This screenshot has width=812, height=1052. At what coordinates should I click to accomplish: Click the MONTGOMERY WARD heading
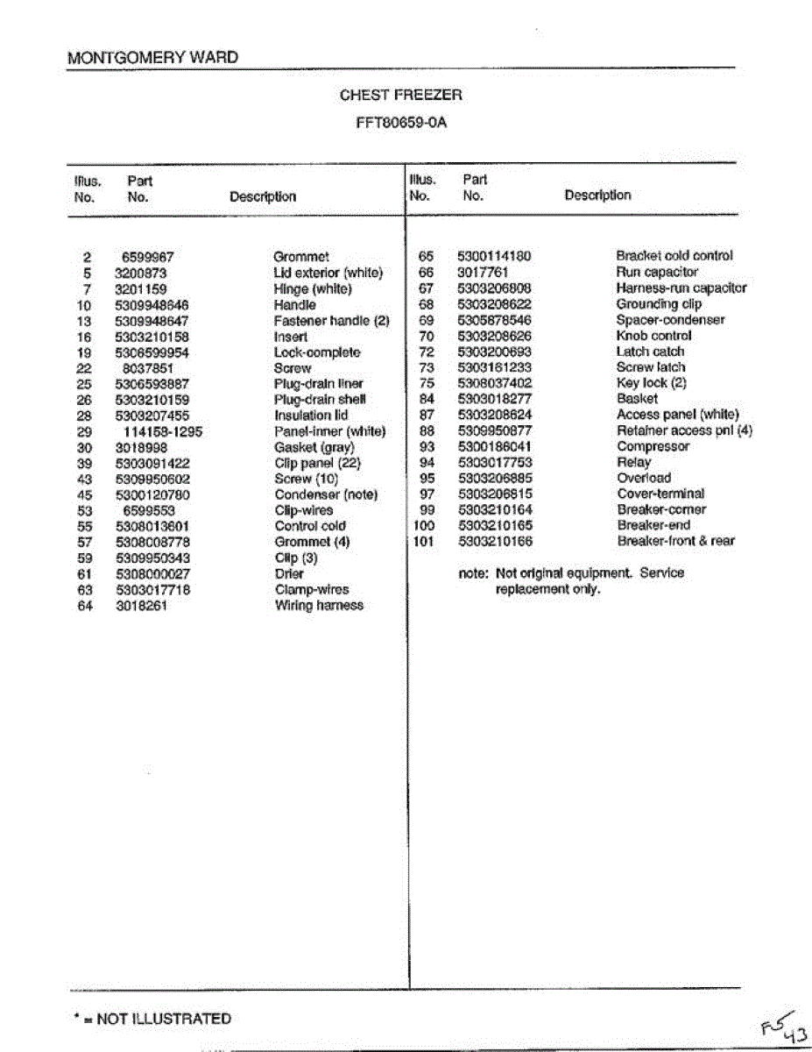(152, 58)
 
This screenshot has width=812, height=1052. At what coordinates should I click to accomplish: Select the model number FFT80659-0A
(401, 122)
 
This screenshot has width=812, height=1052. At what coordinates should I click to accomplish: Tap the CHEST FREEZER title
(401, 95)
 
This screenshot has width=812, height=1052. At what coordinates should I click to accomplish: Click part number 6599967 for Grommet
(148, 258)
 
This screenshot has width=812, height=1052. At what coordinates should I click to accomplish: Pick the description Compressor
(653, 446)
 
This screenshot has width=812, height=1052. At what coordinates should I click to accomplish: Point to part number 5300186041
(494, 446)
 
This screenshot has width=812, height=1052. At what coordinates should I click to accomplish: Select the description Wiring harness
(319, 606)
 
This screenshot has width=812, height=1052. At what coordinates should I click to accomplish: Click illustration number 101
(423, 541)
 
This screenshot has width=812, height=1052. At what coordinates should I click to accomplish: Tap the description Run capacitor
(657, 273)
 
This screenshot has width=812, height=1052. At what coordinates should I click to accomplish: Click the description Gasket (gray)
(314, 447)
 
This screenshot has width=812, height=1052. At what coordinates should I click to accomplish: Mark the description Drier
(289, 574)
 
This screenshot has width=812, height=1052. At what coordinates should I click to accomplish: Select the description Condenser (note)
(326, 494)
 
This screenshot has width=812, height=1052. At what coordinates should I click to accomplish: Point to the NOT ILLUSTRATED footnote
(152, 1019)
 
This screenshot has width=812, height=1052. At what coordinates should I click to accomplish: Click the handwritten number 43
(795, 1036)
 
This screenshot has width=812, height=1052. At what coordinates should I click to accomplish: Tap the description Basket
(637, 399)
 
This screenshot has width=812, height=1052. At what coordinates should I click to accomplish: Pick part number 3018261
(141, 606)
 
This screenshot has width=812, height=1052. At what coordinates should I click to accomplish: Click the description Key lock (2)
(651, 383)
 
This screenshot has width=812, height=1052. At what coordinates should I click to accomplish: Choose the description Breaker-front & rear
(675, 541)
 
